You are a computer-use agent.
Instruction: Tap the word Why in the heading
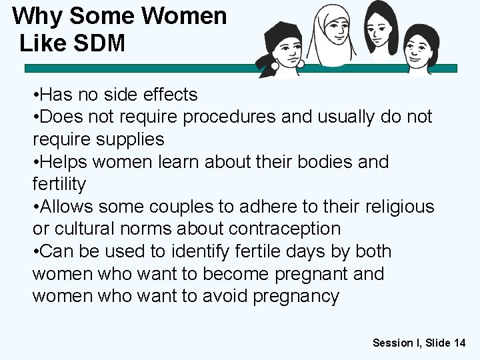click(36, 15)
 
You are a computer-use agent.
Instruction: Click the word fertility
click(59, 184)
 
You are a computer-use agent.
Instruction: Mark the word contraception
click(285, 229)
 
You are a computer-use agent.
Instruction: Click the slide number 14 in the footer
click(459, 343)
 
